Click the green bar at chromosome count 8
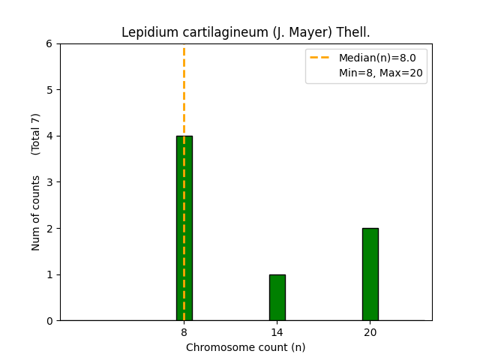184,228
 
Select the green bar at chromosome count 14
277,298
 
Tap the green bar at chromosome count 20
370,274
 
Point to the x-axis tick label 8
184,332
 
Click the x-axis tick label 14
277,332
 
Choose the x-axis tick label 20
370,332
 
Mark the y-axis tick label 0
49,321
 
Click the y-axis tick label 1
49,274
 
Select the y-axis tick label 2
49,229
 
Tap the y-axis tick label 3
49,182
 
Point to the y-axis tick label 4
49,136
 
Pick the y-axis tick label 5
49,90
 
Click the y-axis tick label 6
49,44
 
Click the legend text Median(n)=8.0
377,58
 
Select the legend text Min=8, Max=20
380,73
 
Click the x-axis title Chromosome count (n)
245,347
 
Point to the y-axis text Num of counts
36,213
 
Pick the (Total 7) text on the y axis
36,134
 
